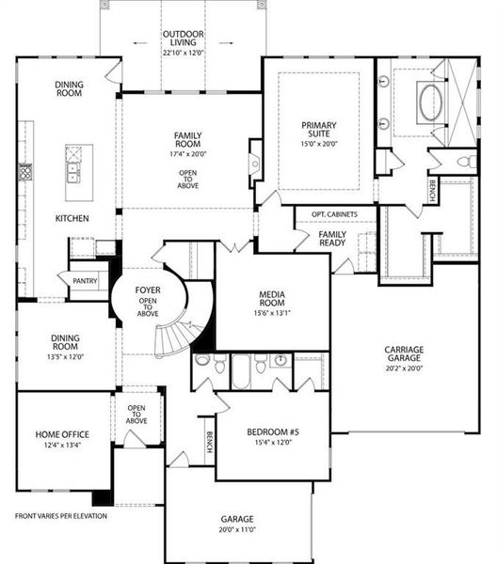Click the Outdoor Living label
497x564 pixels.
184,39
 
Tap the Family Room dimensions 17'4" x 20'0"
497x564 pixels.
187,154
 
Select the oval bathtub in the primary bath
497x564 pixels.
431,102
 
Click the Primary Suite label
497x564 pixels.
319,130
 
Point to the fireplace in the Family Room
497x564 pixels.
255,164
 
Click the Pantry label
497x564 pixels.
85,280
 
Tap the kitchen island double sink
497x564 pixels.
73,172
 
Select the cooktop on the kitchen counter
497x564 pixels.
25,172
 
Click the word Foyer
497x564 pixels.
148,290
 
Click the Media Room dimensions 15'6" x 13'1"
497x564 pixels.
272,313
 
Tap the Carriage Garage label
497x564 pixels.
404,353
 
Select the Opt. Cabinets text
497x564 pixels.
334,214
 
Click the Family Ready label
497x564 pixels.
332,239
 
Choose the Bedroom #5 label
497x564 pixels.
273,431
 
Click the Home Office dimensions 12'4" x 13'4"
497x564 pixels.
62,445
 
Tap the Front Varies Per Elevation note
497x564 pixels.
61,516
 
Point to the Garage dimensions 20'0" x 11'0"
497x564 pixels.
237,529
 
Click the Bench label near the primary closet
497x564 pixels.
432,191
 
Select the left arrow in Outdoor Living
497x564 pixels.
139,43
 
